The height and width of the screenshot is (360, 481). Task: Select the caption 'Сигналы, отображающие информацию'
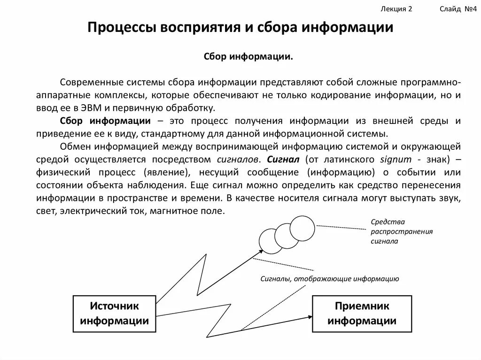[x=330, y=279]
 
